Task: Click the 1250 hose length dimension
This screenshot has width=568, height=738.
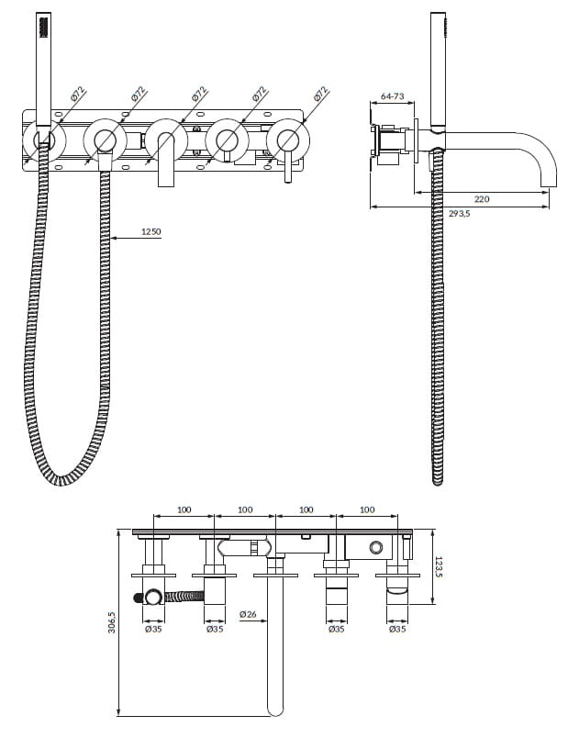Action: [150, 231]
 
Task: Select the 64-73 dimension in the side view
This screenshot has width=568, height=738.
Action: [392, 95]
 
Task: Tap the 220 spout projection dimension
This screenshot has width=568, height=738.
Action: [483, 198]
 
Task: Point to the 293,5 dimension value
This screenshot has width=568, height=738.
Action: [459, 214]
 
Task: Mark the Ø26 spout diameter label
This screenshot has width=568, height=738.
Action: [247, 613]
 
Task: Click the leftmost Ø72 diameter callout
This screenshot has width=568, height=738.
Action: [78, 94]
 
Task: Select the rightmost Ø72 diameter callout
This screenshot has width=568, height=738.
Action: [320, 94]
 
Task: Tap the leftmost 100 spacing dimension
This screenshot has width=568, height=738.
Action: [184, 509]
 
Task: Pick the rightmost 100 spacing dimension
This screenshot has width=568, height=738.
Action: [367, 509]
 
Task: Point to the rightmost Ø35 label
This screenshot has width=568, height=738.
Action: [397, 629]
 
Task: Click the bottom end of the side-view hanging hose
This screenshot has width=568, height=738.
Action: [439, 479]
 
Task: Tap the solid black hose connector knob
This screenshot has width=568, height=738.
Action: [139, 598]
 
